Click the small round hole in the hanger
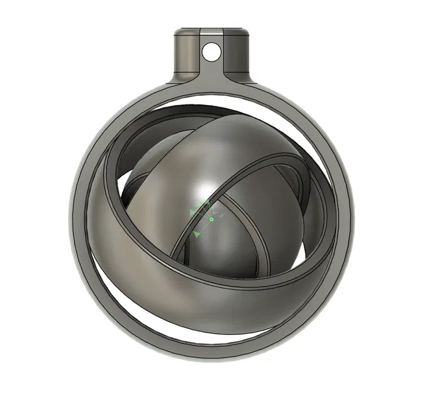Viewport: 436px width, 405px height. [211, 49]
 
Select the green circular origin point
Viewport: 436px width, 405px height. [212, 220]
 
